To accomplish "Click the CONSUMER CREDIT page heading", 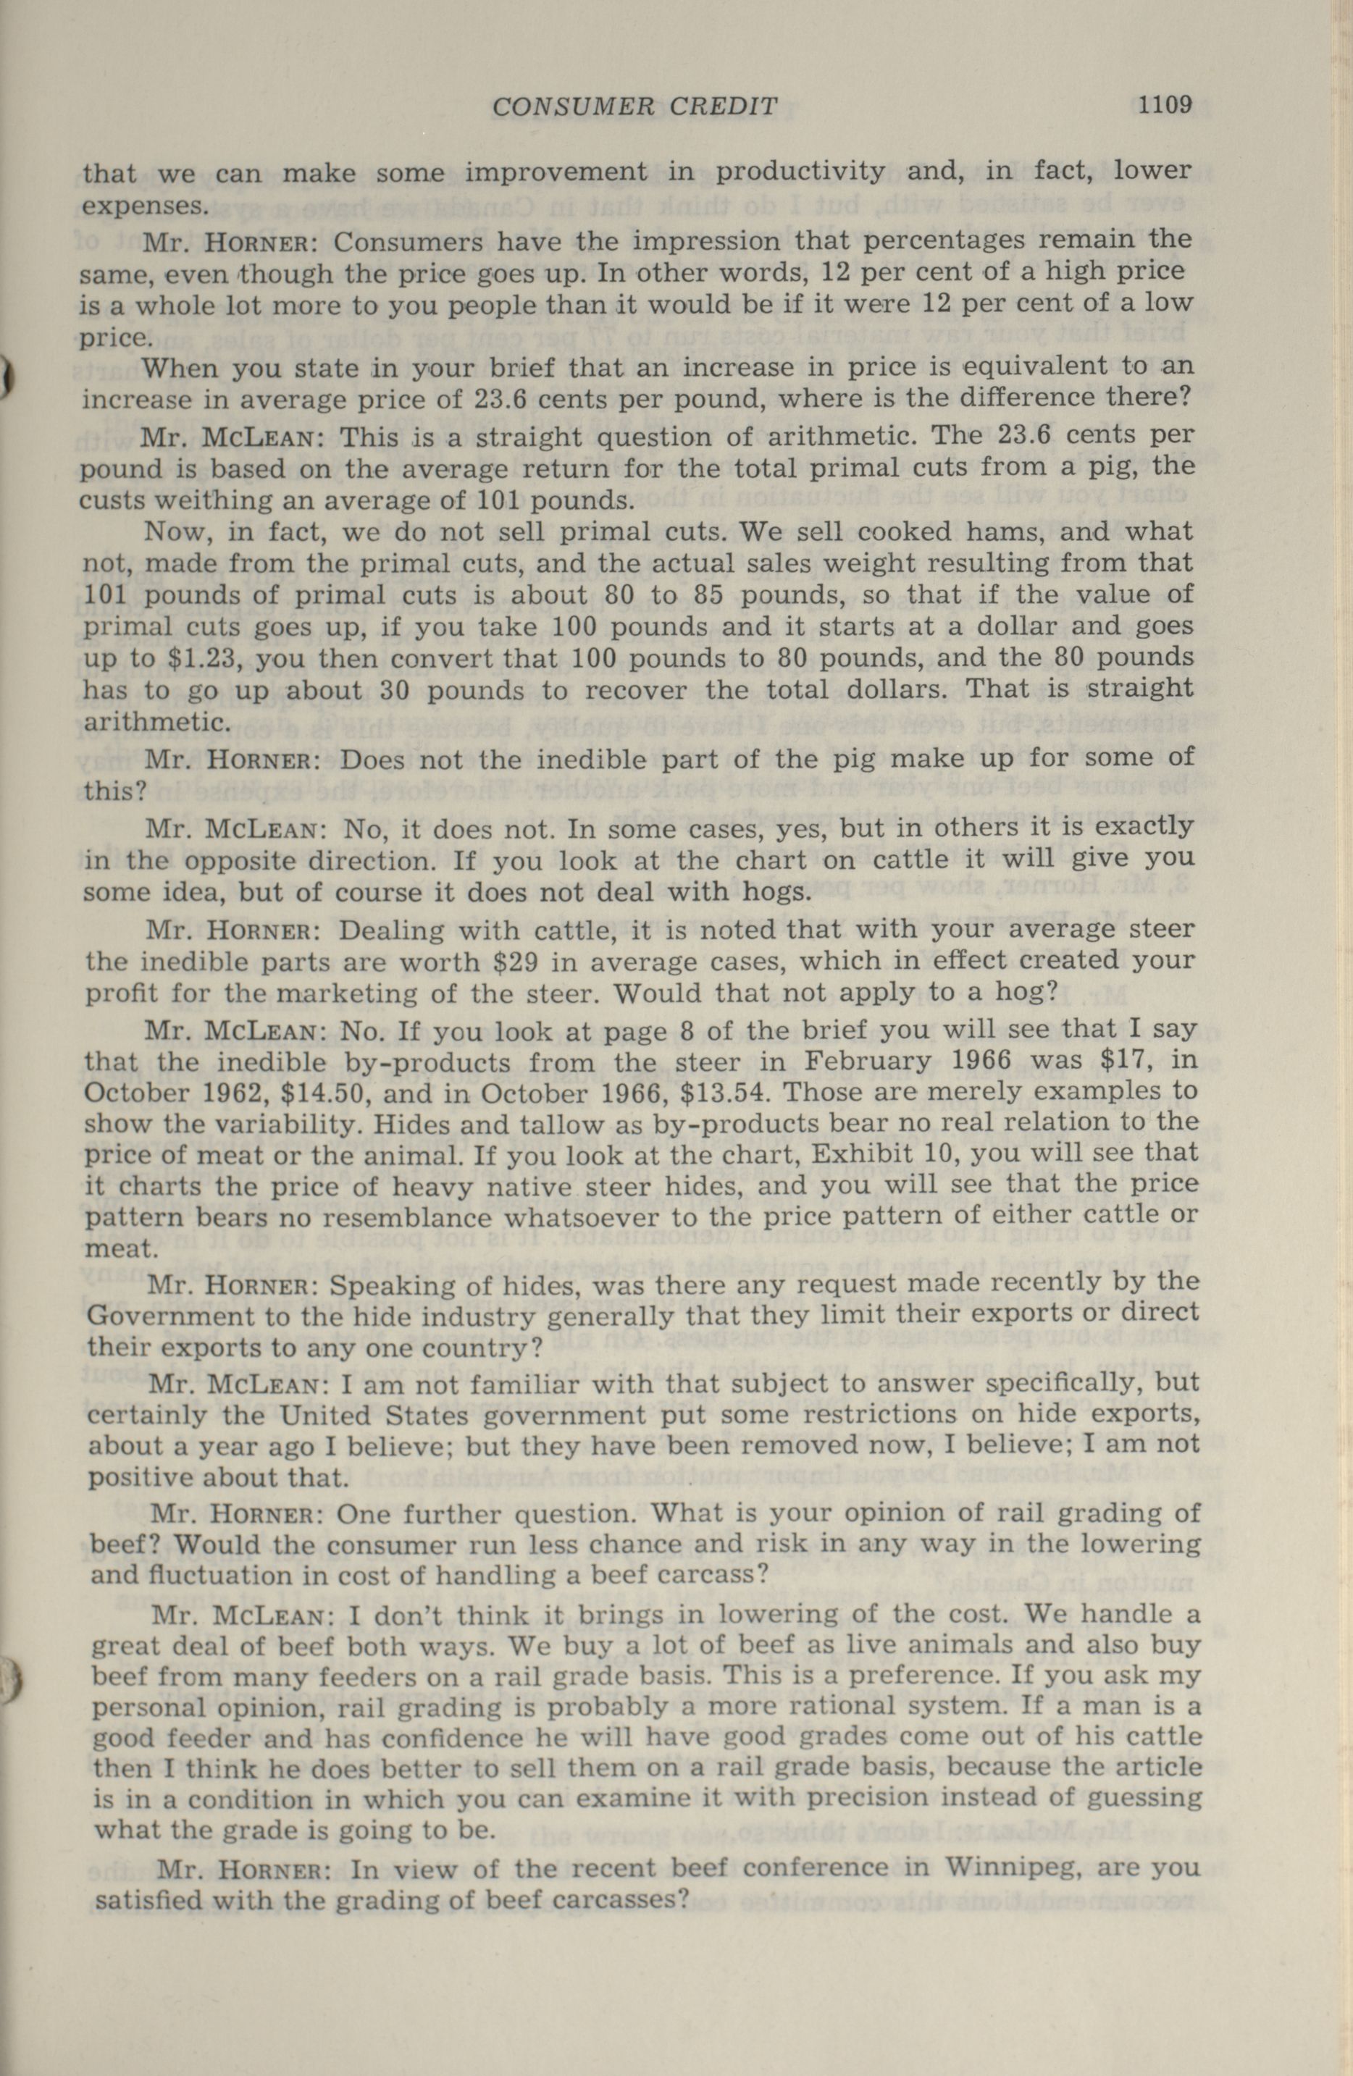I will (x=634, y=107).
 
